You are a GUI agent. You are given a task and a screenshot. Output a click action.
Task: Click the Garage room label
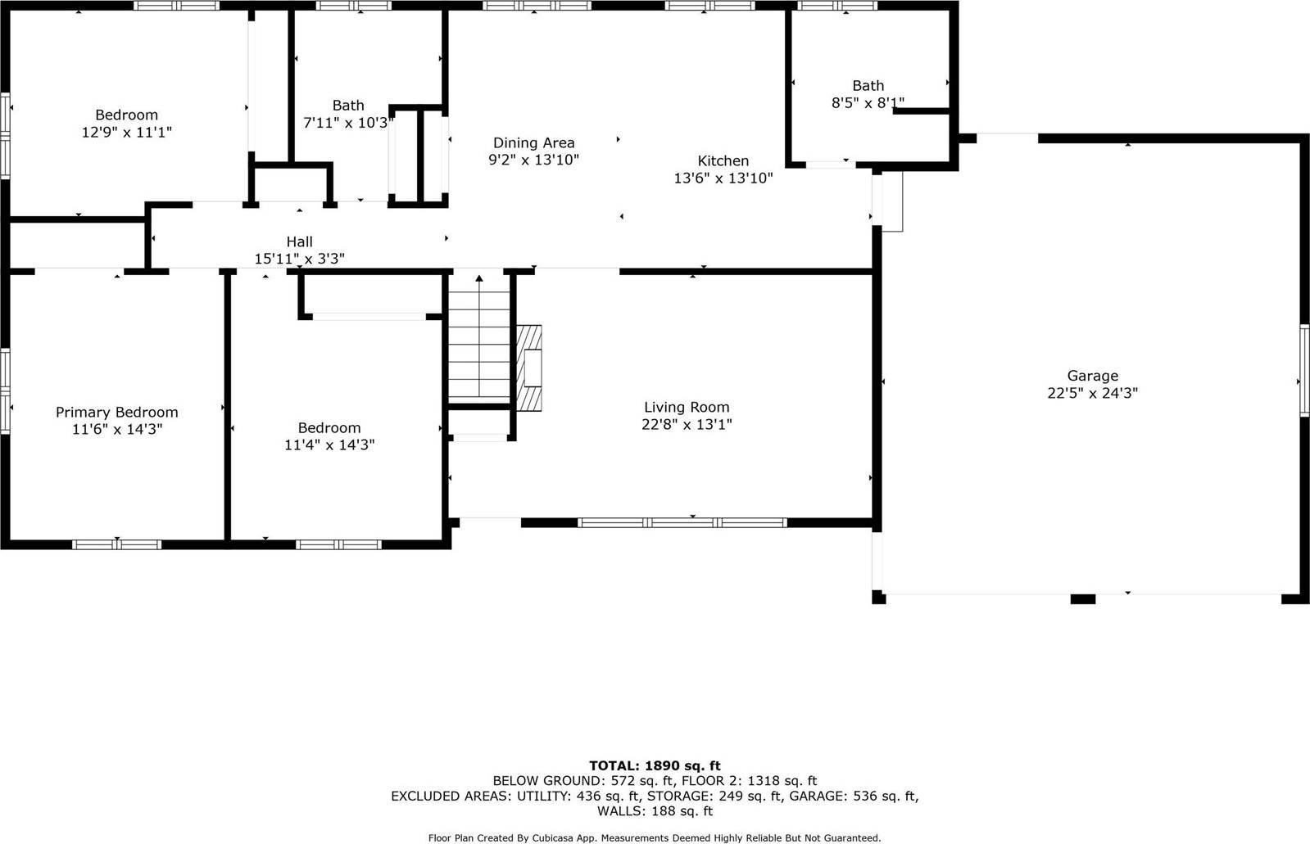pyautogui.click(x=1092, y=376)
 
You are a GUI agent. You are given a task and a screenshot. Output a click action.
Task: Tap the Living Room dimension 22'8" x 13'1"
pyautogui.click(x=687, y=424)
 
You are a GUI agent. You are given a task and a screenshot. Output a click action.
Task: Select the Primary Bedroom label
pyautogui.click(x=116, y=412)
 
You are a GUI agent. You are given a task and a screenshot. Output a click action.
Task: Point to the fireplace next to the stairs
pyautogui.click(x=530, y=368)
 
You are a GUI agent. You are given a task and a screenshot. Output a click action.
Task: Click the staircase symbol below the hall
pyautogui.click(x=479, y=340)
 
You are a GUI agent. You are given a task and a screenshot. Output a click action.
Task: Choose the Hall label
pyautogui.click(x=299, y=241)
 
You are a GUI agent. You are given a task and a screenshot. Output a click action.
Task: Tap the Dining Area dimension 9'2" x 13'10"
pyautogui.click(x=533, y=160)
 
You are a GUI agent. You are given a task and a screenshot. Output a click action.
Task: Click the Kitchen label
pyautogui.click(x=723, y=160)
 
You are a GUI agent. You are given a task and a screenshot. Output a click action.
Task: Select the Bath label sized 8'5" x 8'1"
pyautogui.click(x=868, y=85)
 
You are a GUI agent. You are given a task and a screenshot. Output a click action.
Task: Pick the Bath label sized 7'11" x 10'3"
pyautogui.click(x=348, y=105)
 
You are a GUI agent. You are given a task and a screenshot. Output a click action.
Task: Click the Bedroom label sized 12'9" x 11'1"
pyautogui.click(x=126, y=115)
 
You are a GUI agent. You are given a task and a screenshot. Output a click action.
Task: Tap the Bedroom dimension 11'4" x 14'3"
pyautogui.click(x=329, y=445)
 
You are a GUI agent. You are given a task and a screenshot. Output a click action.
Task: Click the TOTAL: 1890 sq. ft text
pyautogui.click(x=655, y=765)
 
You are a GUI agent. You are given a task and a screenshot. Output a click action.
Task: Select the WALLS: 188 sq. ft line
pyautogui.click(x=655, y=811)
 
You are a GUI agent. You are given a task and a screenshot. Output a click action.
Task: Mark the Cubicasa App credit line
pyautogui.click(x=655, y=837)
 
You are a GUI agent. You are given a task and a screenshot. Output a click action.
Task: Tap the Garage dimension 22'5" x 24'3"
pyautogui.click(x=1092, y=393)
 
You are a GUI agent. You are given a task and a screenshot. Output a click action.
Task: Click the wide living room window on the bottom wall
pyautogui.click(x=682, y=522)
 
